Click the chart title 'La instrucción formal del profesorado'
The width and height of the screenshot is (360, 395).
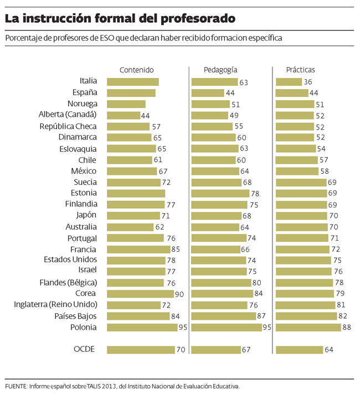tap(120, 19)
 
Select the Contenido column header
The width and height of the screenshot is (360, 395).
tap(136, 70)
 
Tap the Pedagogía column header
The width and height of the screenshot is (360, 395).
tap(220, 70)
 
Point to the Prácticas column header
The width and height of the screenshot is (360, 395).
tap(300, 70)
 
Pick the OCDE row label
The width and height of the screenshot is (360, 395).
tap(85, 349)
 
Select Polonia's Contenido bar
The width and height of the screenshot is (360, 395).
tap(142, 327)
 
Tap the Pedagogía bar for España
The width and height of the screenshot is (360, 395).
tap(208, 93)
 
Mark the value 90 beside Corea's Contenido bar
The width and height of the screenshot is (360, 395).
tap(179, 294)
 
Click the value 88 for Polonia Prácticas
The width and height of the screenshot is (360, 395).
tap(347, 327)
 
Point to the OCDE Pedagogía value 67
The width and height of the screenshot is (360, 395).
tap(246, 350)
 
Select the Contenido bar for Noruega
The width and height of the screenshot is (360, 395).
tap(126, 104)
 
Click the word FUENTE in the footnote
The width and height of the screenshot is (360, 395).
tap(16, 386)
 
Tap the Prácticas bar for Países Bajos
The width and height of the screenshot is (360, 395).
tap(306, 316)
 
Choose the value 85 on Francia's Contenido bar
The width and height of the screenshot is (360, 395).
tap(176, 249)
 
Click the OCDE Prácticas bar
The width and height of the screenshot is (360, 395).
tap(299, 350)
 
